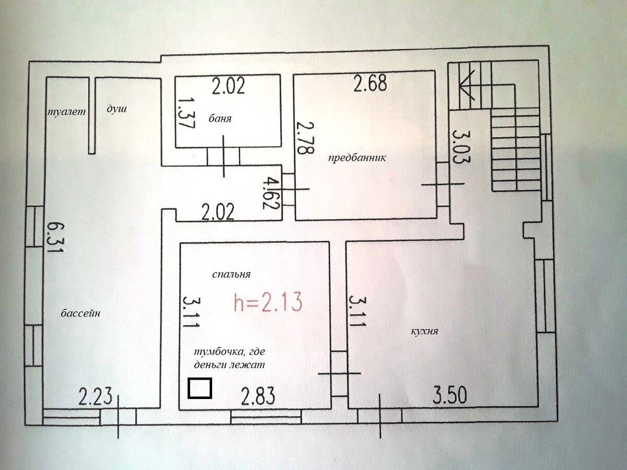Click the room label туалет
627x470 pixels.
click(66, 112)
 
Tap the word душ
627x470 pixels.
click(117, 109)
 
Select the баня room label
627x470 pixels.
click(220, 118)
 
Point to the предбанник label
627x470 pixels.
click(357, 158)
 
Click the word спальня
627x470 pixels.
click(231, 275)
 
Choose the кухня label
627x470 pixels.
click(424, 331)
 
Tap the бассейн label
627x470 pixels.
click(80, 313)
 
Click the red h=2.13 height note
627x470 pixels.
click(268, 302)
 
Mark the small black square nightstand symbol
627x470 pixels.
click(200, 388)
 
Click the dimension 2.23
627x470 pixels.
click(95, 396)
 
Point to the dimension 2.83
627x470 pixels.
click(258, 396)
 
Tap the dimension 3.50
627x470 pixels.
click(450, 395)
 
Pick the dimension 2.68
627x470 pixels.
click(370, 83)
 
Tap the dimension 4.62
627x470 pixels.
click(270, 193)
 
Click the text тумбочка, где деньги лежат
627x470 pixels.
click(229, 359)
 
